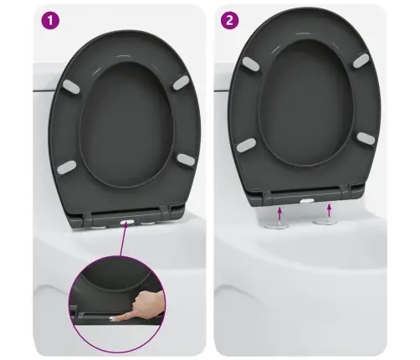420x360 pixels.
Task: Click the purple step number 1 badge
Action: [50, 20]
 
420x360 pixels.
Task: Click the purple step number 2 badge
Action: [229, 20]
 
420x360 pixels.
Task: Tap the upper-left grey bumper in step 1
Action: [72, 86]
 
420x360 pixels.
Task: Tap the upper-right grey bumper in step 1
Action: [181, 83]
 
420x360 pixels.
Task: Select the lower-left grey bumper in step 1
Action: [66, 167]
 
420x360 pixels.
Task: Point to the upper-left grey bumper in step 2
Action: [251, 64]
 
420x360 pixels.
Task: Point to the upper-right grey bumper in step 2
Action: [361, 61]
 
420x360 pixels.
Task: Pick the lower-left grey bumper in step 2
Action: [246, 145]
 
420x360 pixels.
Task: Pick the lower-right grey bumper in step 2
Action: [366, 138]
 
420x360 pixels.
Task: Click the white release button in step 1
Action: [127, 223]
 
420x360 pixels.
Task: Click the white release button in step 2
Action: [307, 200]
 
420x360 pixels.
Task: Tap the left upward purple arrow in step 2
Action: [279, 213]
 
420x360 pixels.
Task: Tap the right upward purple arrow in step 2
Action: [330, 210]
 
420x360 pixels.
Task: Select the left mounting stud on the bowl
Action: [276, 224]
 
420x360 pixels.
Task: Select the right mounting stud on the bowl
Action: [325, 223]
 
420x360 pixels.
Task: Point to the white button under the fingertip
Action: [115, 318]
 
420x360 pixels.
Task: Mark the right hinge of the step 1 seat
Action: [166, 213]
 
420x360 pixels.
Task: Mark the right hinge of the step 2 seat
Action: [346, 191]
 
